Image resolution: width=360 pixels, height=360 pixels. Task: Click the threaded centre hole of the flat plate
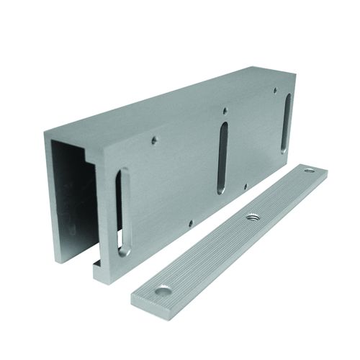tap(253, 217)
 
